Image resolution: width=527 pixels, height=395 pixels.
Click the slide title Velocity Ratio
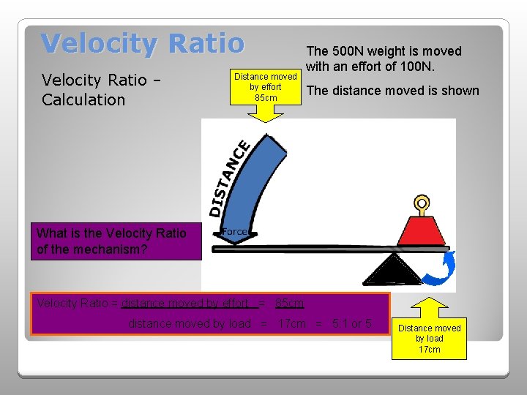point(143,44)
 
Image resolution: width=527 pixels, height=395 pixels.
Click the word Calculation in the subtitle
point(83,99)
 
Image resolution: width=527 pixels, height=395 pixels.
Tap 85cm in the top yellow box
point(266,97)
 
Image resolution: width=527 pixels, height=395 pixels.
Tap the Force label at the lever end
point(234,232)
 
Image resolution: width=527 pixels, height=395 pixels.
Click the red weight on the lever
point(421,230)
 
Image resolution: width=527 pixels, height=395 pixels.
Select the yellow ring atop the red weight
point(422,203)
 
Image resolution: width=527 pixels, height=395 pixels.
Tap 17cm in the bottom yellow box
point(429,350)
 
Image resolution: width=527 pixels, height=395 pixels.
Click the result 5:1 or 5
point(352,323)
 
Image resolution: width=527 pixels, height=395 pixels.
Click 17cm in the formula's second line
point(292,323)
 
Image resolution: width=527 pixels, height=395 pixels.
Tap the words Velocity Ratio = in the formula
point(78,303)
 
